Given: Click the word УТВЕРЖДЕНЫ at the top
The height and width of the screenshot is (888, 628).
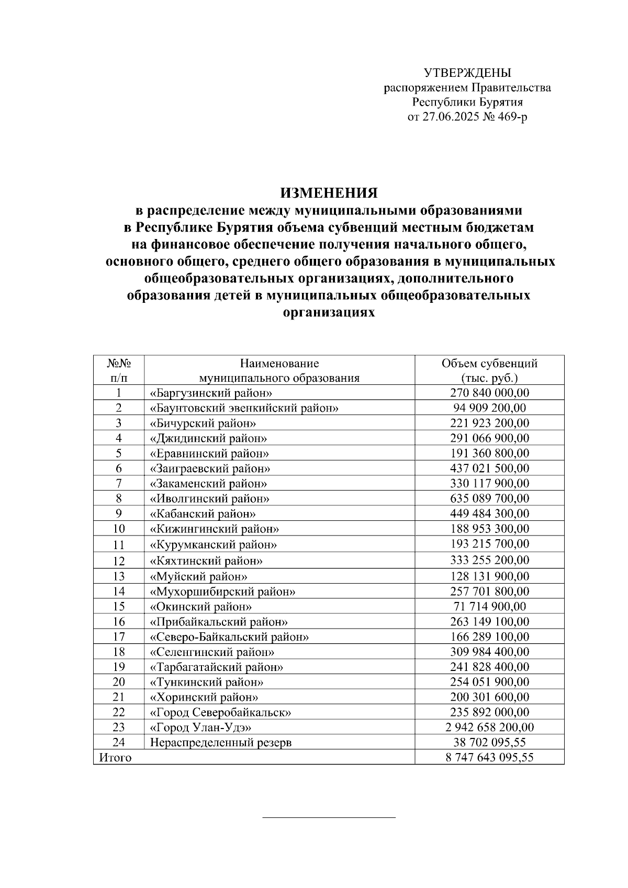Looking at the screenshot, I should tap(467, 73).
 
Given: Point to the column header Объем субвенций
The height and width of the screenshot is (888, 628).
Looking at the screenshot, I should tap(489, 363).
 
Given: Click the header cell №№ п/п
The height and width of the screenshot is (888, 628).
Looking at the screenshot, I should tap(118, 370).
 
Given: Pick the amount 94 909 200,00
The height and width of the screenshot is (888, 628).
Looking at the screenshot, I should tap(489, 408).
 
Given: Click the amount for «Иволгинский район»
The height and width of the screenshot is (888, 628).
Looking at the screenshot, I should tap(489, 498).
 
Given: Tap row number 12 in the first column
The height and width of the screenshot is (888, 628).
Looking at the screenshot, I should tap(118, 561).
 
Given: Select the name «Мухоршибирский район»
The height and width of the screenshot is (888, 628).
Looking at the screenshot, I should tap(222, 592).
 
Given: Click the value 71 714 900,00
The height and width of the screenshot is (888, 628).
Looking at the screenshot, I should tap(489, 607).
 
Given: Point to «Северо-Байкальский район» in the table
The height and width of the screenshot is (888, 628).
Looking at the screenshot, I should tap(229, 637).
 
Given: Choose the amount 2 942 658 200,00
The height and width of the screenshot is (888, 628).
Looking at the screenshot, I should tap(489, 727).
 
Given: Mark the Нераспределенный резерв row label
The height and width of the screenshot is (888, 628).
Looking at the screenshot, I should tap(220, 743).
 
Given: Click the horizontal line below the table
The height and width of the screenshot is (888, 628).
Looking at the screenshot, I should tap(329, 817).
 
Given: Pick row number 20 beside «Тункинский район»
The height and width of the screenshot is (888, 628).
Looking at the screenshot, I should tap(118, 682).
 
